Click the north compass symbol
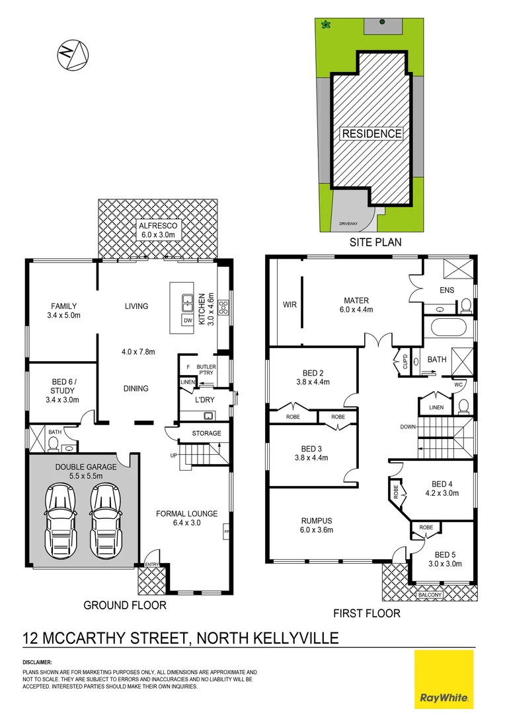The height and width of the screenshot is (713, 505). (x=72, y=54)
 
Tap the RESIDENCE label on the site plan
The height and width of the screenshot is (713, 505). (x=371, y=133)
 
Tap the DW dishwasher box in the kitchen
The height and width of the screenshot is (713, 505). (x=188, y=320)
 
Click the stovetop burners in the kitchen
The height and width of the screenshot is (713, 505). (x=223, y=306)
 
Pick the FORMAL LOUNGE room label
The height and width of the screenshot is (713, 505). (x=186, y=518)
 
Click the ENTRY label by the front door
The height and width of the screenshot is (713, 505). (x=152, y=564)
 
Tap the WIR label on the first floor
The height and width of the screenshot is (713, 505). (x=289, y=305)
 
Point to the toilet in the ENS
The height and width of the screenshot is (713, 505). (x=465, y=305)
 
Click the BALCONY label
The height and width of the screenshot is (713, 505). (x=430, y=595)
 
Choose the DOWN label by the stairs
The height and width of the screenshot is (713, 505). (x=408, y=427)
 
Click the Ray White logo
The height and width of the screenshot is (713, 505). (x=444, y=679)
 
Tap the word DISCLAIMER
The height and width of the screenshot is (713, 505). (x=38, y=662)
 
